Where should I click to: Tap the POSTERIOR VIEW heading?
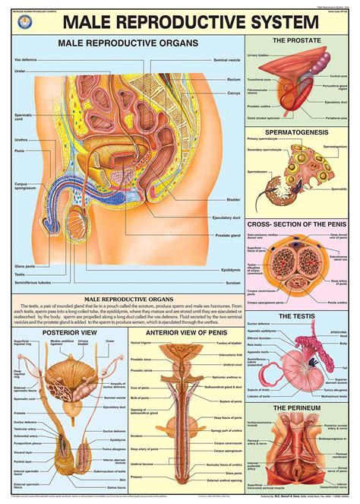click(64, 331)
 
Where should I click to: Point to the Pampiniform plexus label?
click(22, 442)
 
